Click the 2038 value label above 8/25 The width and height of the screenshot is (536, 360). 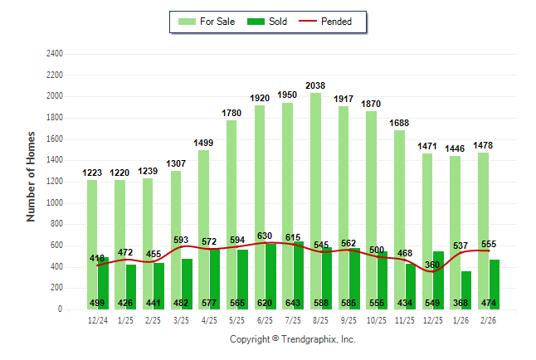click(x=315, y=85)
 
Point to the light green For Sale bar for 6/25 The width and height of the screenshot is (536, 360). click(x=260, y=182)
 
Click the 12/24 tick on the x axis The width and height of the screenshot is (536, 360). click(x=97, y=319)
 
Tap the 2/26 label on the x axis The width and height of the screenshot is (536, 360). click(x=489, y=319)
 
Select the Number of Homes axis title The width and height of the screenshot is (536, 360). click(x=31, y=176)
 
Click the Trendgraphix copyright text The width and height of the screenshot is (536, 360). click(x=292, y=339)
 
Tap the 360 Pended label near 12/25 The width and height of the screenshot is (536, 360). click(x=432, y=265)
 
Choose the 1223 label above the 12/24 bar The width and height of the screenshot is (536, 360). click(x=92, y=173)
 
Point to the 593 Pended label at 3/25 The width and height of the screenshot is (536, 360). click(x=181, y=241)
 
